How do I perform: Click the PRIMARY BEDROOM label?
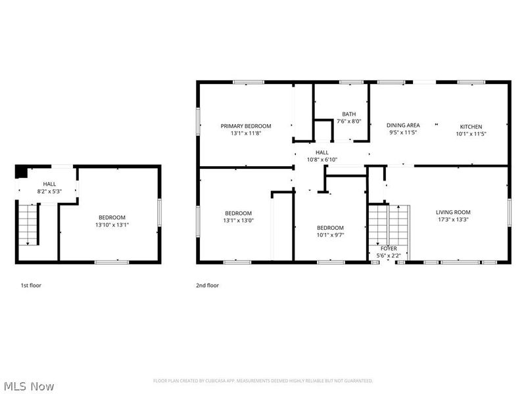(x=245, y=125)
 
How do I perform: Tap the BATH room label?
(x=348, y=114)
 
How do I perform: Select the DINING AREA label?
(x=403, y=125)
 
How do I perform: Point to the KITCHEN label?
(x=471, y=126)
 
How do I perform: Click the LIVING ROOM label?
(x=453, y=212)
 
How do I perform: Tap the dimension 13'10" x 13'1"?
(x=112, y=225)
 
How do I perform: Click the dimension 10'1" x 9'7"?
(x=330, y=234)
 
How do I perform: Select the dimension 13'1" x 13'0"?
(x=238, y=220)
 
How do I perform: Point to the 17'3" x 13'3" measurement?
(x=453, y=220)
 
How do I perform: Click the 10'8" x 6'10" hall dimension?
(x=322, y=160)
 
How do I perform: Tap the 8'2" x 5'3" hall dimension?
(x=49, y=191)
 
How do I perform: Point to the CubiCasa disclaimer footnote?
(x=263, y=381)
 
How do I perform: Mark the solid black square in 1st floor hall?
(x=21, y=171)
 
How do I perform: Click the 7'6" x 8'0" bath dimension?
(x=348, y=121)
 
